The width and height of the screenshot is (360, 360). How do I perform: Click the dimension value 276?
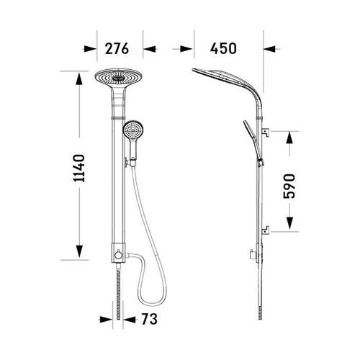pyautogui.click(x=117, y=48)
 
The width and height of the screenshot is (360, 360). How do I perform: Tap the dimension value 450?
pyautogui.click(x=223, y=48)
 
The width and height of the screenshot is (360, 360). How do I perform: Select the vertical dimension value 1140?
pyautogui.click(x=79, y=168)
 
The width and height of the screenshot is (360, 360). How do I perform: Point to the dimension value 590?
pyautogui.click(x=289, y=186)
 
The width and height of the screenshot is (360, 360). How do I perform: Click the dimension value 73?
pyautogui.click(x=149, y=319)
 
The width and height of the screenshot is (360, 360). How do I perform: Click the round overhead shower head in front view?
pyautogui.click(x=118, y=77)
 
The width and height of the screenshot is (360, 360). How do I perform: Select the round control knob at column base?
pyautogui.click(x=118, y=255)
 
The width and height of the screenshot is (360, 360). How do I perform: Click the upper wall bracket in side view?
pyautogui.click(x=265, y=132)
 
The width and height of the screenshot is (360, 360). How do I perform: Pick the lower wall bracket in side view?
pyautogui.click(x=265, y=230)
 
